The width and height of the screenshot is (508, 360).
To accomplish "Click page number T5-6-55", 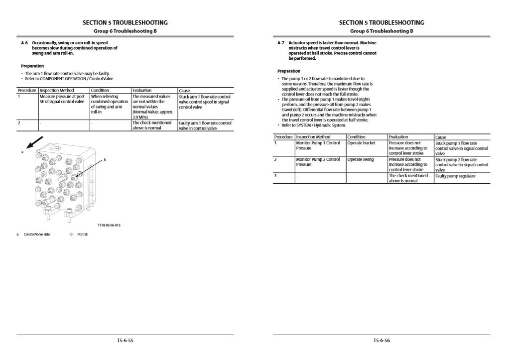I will (x=125, y=341).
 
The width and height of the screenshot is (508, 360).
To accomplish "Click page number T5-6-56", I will (x=381, y=341).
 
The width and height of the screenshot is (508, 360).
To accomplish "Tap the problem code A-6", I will (x=24, y=43).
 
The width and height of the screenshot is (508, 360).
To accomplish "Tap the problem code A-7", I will (x=280, y=43).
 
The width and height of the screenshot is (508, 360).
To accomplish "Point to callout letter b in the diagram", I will (x=105, y=160).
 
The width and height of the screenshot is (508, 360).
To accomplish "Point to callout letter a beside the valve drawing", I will (x=22, y=151).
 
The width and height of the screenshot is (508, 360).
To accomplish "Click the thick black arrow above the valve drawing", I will (x=35, y=142).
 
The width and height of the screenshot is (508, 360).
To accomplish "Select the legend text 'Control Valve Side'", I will (x=37, y=235).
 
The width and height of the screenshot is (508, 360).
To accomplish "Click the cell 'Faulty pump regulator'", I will (x=455, y=176).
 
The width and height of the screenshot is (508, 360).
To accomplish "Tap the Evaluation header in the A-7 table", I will (x=398, y=137).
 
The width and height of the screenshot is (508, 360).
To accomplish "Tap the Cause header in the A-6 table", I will (x=184, y=91).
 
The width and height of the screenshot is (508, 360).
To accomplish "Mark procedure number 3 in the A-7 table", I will (x=275, y=176).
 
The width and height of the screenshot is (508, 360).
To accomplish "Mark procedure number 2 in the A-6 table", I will (x=19, y=122).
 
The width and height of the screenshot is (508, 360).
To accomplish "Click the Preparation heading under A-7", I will (x=289, y=71).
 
